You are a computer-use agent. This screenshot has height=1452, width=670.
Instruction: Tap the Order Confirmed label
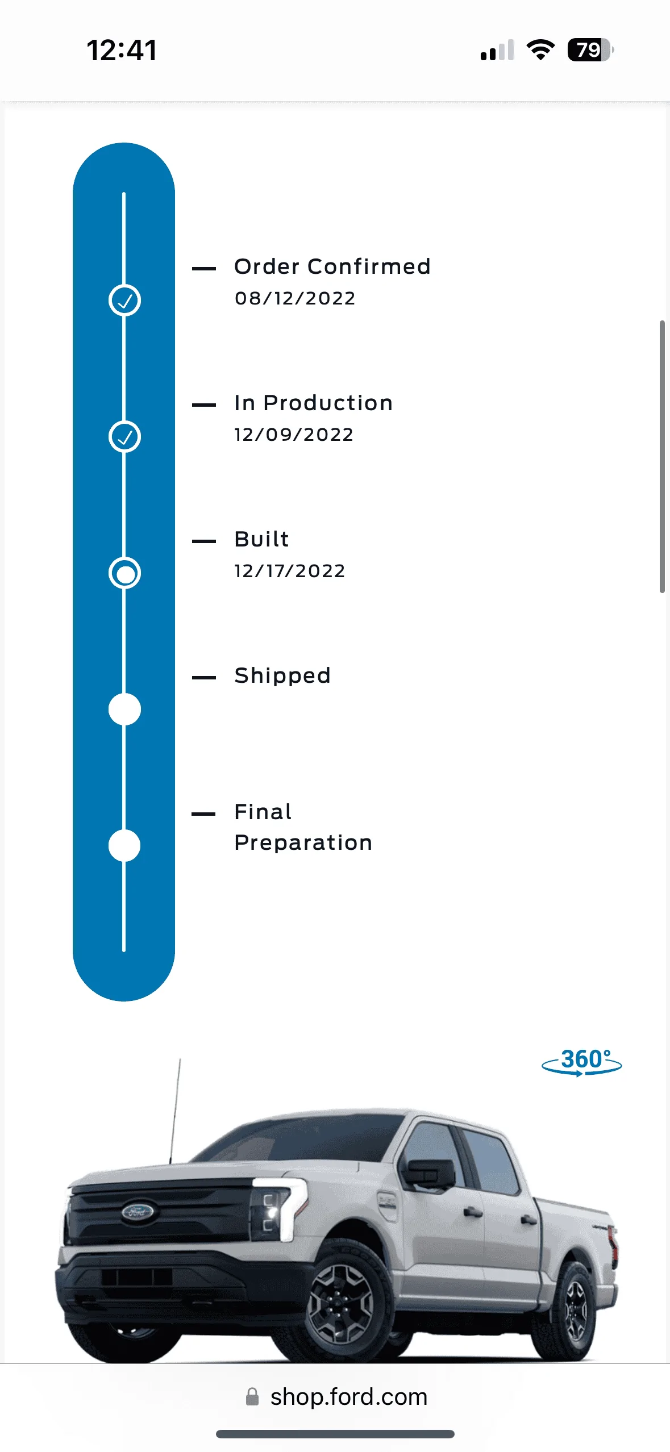(x=332, y=266)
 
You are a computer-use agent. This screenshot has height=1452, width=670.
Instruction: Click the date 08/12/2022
(x=295, y=298)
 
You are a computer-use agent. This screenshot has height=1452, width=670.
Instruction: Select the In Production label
(x=313, y=403)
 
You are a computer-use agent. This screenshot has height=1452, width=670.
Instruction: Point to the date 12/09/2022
(x=294, y=435)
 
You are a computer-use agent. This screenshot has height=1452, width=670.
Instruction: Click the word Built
(x=261, y=539)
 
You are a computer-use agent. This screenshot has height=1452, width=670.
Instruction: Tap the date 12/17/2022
(x=290, y=571)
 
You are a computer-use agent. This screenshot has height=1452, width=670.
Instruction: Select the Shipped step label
(x=282, y=675)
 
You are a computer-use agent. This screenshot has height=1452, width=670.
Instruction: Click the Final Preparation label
(x=303, y=827)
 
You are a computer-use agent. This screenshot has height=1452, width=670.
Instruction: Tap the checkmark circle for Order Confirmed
(x=124, y=301)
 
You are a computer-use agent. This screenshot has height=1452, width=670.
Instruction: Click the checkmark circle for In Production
(x=124, y=437)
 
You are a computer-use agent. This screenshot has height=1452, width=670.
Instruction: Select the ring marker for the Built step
(x=124, y=573)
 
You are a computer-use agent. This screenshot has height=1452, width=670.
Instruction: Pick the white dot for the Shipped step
(x=124, y=710)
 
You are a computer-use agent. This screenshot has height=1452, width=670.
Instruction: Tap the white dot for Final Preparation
(x=124, y=846)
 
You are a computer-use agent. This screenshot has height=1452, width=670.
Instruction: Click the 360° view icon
(x=582, y=1061)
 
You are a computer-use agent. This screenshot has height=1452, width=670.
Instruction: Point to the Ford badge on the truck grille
(x=138, y=1212)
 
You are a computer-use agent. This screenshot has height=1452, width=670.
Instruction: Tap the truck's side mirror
(x=427, y=1171)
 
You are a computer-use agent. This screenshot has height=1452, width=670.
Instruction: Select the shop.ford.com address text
(x=348, y=1397)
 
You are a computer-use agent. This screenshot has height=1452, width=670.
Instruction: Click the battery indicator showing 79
(x=590, y=50)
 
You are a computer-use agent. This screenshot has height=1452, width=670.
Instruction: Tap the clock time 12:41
(x=122, y=50)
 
